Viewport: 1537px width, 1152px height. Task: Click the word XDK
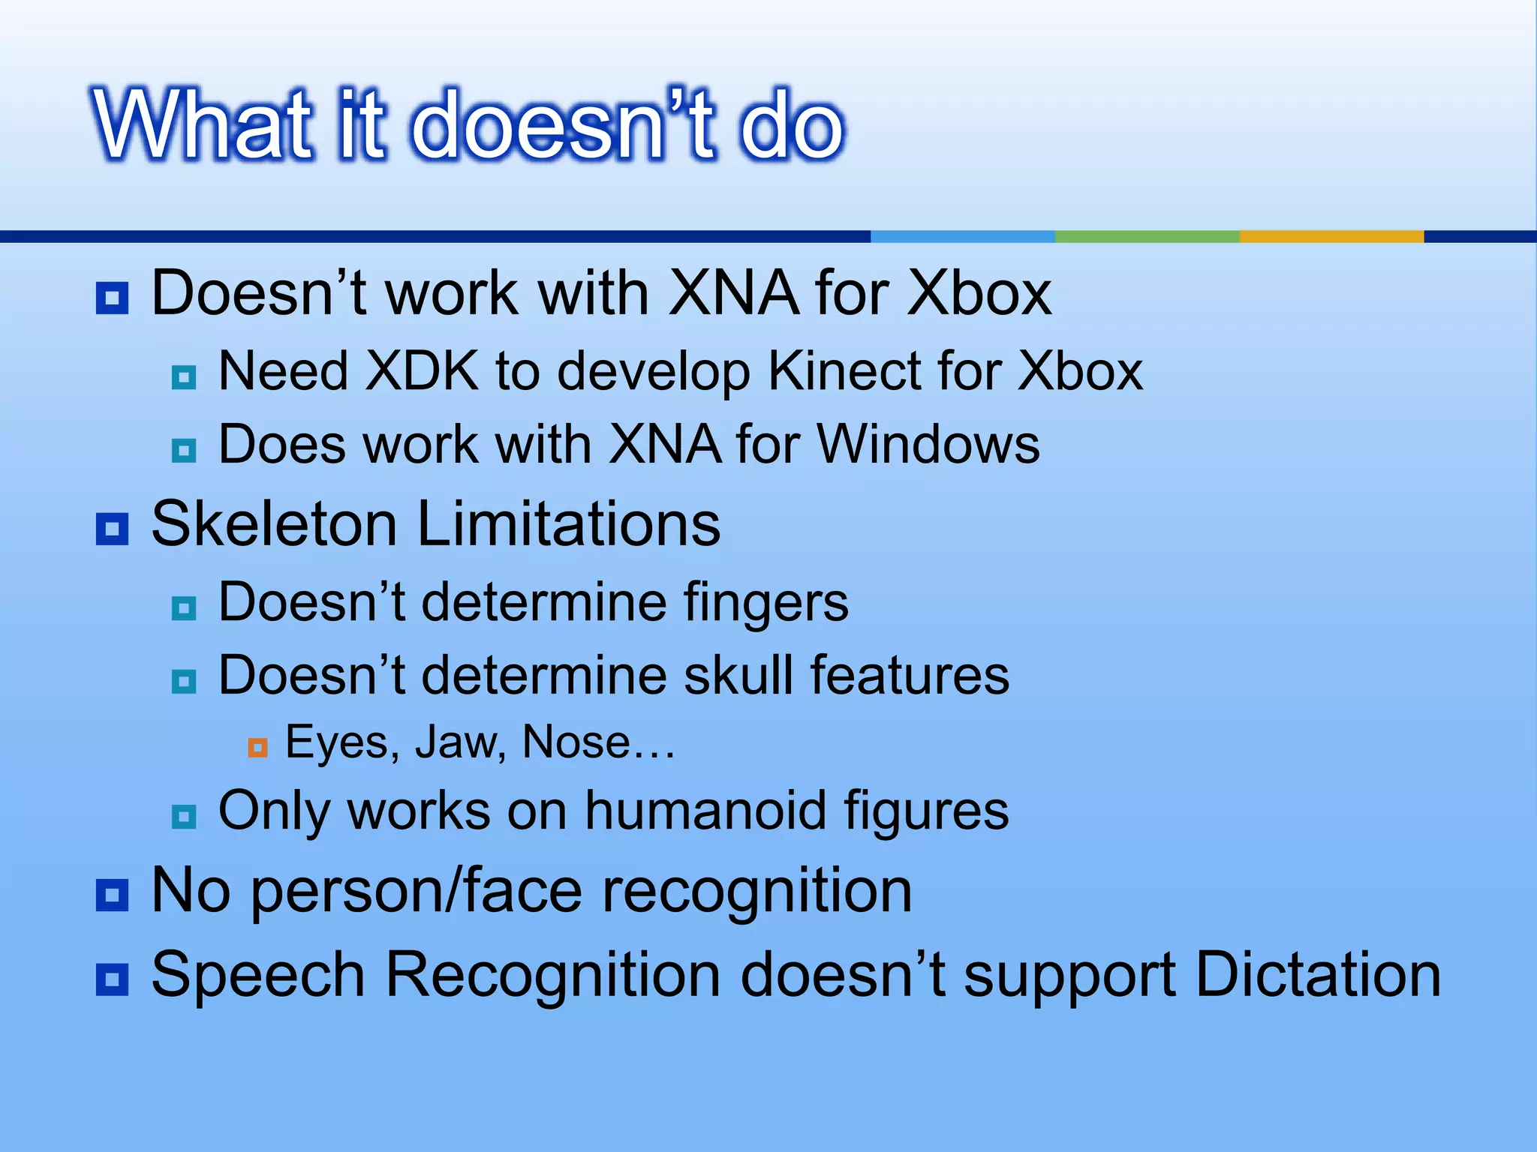(422, 371)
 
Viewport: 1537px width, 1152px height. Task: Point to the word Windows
(928, 444)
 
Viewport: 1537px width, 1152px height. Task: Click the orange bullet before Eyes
(257, 748)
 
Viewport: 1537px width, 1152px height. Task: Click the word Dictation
(1318, 975)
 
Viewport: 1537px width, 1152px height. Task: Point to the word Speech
(258, 975)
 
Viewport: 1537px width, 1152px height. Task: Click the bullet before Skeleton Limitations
(113, 529)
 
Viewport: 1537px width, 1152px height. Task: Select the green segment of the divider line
(1147, 236)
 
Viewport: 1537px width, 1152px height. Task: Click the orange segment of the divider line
(1331, 236)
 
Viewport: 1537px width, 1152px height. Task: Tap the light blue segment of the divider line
(962, 236)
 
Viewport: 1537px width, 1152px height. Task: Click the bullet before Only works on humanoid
(184, 816)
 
